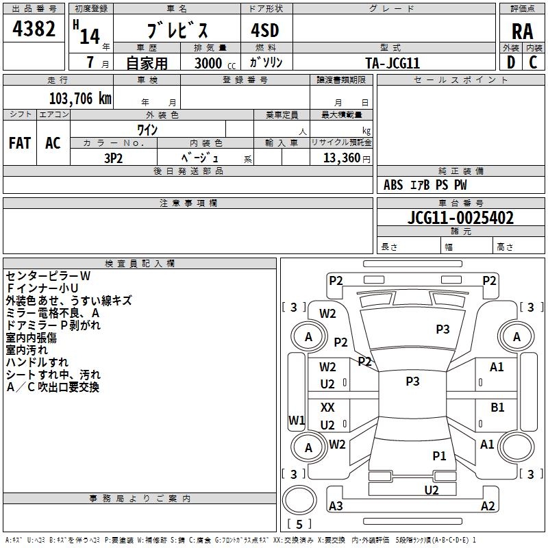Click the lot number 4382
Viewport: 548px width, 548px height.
coord(34,29)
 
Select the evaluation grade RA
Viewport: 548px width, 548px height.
coord(522,32)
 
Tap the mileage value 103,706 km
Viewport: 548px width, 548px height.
coord(80,99)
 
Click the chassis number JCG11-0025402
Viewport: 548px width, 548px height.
coord(460,218)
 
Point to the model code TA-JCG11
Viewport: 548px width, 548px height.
coord(393,63)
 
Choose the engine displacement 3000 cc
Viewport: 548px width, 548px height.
coord(215,64)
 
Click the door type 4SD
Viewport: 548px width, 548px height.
coord(265,30)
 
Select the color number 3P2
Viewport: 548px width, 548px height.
coord(114,158)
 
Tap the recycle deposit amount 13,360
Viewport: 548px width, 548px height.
coord(342,158)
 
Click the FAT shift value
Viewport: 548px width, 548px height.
coord(20,143)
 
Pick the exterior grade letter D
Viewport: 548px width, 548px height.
coord(511,62)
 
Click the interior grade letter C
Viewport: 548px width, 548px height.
coord(533,62)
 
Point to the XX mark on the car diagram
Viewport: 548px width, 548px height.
coord(327,407)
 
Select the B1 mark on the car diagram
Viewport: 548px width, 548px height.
coord(497,408)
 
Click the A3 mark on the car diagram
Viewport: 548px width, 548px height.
coord(336,506)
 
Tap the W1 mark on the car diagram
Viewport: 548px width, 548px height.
coord(297,420)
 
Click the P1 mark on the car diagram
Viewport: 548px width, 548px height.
coord(439,456)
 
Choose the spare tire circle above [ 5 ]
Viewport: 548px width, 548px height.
coord(299,500)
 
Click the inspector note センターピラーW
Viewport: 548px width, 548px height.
coord(48,276)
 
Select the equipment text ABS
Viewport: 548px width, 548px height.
coord(393,185)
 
